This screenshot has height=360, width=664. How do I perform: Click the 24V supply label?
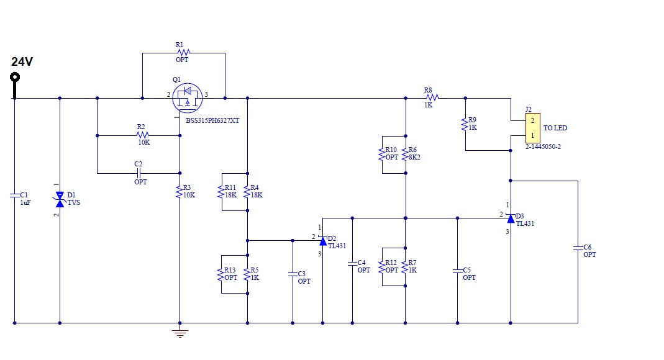[x=22, y=61]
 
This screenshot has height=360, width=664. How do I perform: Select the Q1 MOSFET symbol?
[x=187, y=97]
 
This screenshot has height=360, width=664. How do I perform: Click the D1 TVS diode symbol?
[x=60, y=199]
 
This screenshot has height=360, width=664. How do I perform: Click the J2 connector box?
[x=532, y=127]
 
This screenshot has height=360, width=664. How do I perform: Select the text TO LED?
[x=555, y=128]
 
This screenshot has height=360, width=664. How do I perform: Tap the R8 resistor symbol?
[x=432, y=97]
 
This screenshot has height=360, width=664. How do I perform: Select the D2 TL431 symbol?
[x=322, y=240]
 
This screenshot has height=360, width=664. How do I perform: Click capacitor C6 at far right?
[x=578, y=248]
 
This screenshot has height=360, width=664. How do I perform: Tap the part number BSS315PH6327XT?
[x=212, y=120]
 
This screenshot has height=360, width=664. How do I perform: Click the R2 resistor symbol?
[x=143, y=135]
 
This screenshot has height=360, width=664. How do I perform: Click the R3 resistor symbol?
[x=180, y=190]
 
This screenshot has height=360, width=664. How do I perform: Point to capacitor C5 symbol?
[x=458, y=271]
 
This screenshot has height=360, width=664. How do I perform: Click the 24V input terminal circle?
[x=14, y=77]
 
